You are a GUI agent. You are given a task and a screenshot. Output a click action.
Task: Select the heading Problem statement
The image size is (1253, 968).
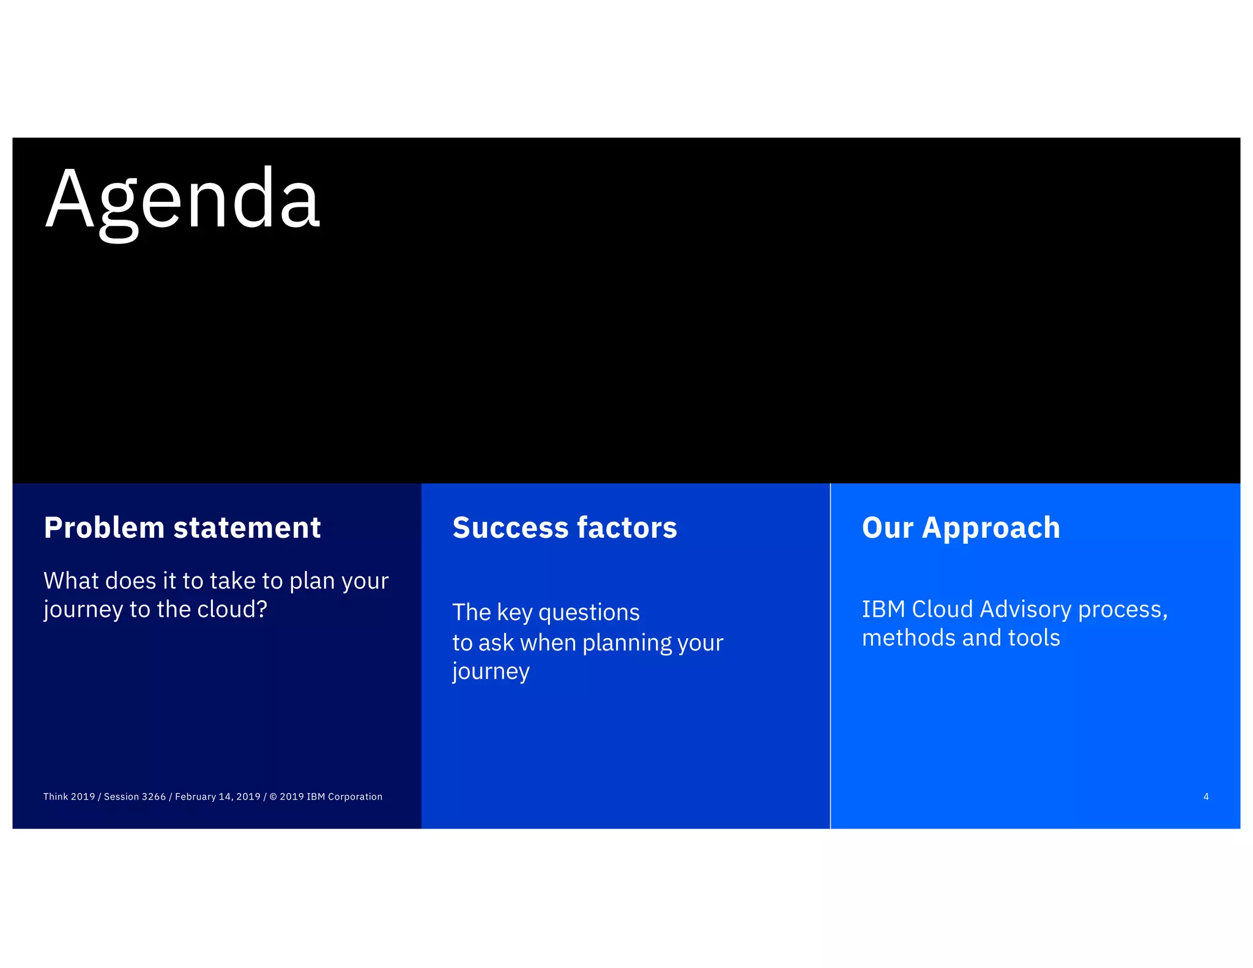point(182,527)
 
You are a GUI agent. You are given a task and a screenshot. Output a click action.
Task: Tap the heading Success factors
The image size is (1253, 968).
point(565,527)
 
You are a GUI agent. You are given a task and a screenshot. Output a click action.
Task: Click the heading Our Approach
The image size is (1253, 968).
point(961,527)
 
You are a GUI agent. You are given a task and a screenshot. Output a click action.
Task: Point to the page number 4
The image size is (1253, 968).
point(1205,797)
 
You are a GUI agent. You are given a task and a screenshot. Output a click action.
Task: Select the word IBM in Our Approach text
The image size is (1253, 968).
point(883,609)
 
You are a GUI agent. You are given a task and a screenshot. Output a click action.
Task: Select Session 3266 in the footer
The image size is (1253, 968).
point(135,797)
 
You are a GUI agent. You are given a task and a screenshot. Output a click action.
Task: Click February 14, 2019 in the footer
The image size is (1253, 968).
point(218,797)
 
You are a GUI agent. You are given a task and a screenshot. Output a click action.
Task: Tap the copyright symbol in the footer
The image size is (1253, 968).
point(273,797)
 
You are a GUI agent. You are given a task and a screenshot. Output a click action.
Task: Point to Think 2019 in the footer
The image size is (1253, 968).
point(69,797)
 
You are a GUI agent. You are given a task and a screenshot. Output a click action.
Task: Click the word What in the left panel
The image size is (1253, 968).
point(67,581)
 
